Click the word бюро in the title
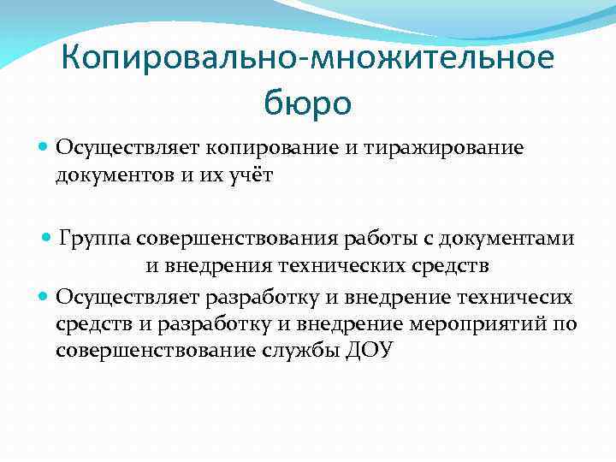(x=307, y=103)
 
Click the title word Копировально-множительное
(x=308, y=59)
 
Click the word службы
(x=303, y=352)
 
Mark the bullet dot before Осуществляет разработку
(x=44, y=297)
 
